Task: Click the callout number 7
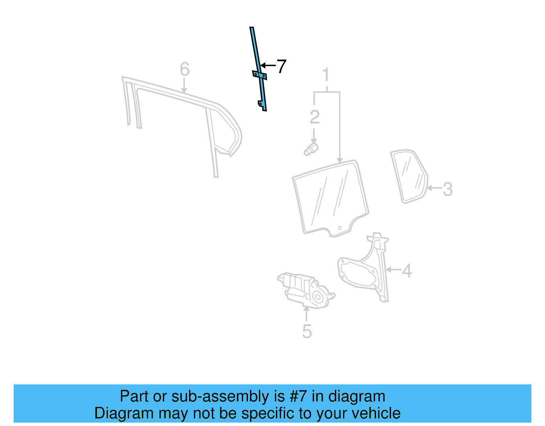point(281,66)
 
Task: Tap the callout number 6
point(185,69)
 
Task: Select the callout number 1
point(326,74)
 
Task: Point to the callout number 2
point(315,117)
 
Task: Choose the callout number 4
point(407,270)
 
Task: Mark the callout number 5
point(307,332)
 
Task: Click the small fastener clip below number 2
point(311,149)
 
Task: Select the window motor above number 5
point(306,290)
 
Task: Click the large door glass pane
point(330,198)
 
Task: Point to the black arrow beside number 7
point(268,65)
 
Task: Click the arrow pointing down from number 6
point(184,86)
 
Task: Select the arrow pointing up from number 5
point(306,314)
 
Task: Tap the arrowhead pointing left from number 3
point(430,188)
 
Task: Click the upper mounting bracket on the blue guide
point(259,75)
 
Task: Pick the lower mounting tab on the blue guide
point(261,105)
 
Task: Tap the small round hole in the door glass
point(340,228)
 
